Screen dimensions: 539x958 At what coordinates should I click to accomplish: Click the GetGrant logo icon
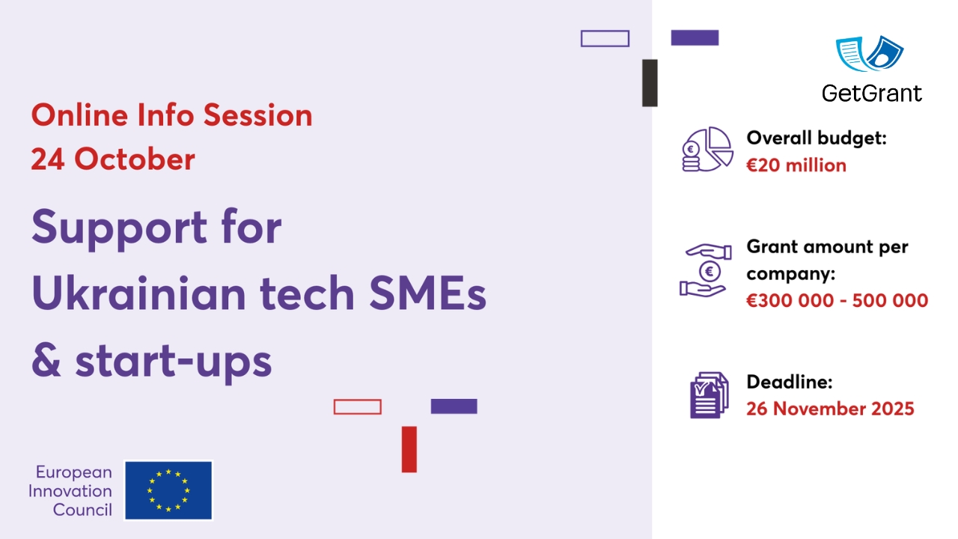point(870,54)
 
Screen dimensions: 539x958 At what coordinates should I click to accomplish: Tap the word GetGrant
point(871,93)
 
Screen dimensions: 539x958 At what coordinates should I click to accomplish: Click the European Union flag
point(168,490)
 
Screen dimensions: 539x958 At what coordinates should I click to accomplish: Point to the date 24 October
point(113,159)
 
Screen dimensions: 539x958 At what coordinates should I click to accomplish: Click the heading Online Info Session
point(171,115)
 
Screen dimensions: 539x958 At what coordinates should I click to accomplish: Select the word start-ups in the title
point(173,362)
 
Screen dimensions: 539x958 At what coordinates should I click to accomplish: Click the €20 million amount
point(796,165)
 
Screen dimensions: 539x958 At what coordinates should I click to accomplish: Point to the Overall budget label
point(817,138)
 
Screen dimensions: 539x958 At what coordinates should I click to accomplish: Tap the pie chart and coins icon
point(707,148)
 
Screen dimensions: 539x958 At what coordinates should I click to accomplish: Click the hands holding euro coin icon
point(704,269)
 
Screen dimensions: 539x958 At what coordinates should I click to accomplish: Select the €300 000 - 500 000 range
point(837,301)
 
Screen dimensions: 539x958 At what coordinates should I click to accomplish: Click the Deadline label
point(790,382)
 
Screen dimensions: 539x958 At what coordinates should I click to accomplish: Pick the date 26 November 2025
point(830,409)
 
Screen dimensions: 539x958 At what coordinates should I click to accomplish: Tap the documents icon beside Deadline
point(708,395)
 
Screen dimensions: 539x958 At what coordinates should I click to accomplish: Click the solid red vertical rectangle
point(409,449)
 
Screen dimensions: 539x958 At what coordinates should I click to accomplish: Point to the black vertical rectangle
point(650,83)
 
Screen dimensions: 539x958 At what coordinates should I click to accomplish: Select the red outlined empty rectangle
point(357,406)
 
